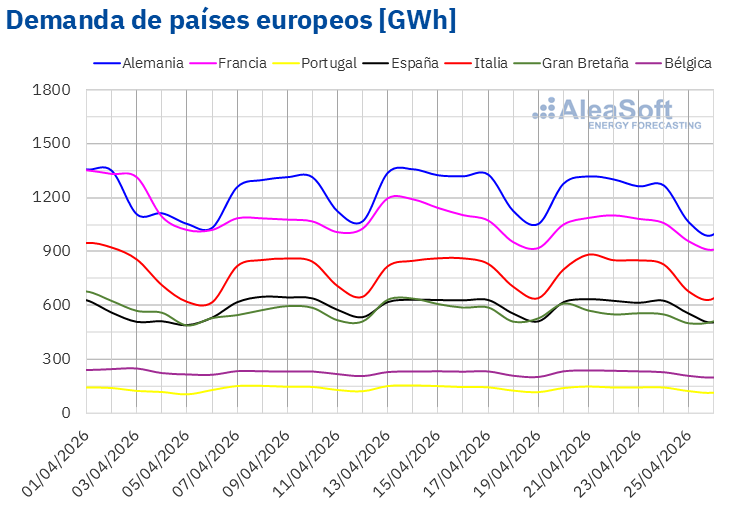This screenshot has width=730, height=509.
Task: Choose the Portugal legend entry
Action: (323, 63)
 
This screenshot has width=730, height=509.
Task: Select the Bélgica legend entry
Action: (686, 63)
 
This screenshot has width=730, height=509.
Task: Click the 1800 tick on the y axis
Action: (53, 90)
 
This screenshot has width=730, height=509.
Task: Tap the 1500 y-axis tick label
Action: (53, 143)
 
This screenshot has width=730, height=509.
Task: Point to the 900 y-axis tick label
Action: (58, 251)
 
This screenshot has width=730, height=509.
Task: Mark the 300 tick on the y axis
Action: (58, 359)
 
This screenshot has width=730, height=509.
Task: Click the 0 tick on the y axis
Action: (66, 412)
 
